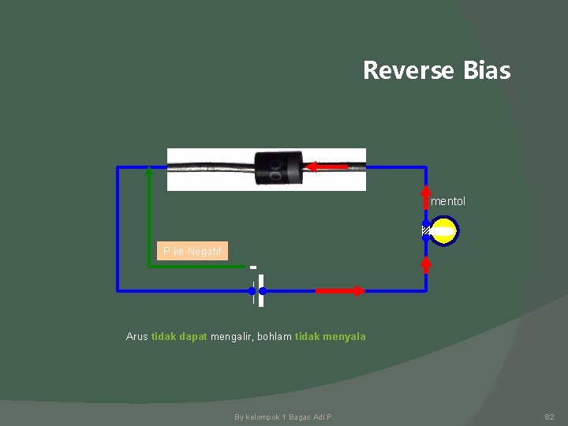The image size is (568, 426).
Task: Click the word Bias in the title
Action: [x=487, y=71]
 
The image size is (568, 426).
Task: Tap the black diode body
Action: [x=279, y=167]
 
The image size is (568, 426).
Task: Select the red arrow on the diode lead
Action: [x=326, y=166]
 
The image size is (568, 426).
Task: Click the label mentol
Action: [x=448, y=201]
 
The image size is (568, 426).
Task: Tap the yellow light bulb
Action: [x=444, y=231]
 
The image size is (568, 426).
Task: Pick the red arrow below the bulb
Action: [x=426, y=263]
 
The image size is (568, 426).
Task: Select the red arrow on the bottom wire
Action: [x=340, y=291]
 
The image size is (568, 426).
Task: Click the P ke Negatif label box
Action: [x=192, y=251]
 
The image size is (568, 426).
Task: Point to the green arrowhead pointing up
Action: [x=149, y=174]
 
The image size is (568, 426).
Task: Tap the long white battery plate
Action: [x=260, y=290]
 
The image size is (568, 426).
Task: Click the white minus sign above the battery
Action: [x=253, y=266]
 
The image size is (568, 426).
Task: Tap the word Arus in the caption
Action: [x=137, y=337]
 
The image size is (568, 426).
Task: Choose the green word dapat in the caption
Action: [x=193, y=337]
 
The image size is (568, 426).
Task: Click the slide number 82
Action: [x=549, y=416]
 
